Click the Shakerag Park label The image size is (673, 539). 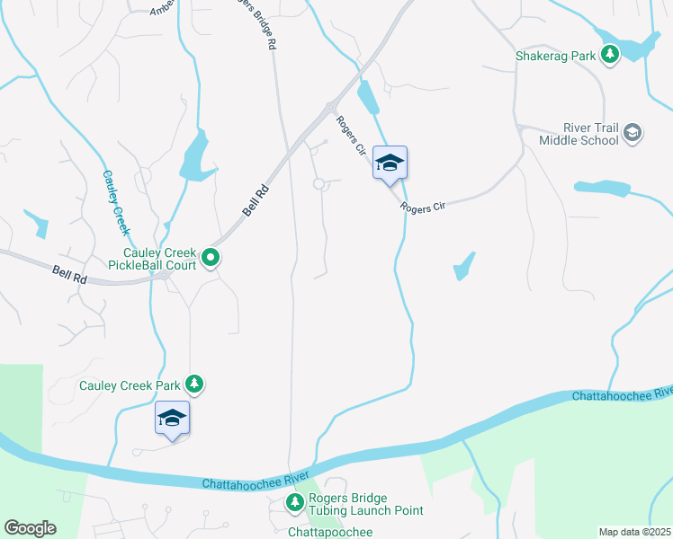(x=555, y=56)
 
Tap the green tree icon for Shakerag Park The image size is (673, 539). (x=611, y=56)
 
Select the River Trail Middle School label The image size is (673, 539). (x=579, y=134)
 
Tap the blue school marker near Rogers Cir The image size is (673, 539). (x=390, y=163)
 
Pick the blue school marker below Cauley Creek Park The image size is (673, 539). (x=172, y=419)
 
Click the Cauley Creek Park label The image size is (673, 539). (x=130, y=385)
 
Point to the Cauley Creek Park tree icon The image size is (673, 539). (x=193, y=385)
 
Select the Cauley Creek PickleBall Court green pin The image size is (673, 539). (x=211, y=259)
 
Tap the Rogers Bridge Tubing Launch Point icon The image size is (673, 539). (x=294, y=504)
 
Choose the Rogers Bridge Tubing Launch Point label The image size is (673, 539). (x=365, y=504)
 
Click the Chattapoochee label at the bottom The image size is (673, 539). (x=329, y=532)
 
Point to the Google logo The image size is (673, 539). (x=30, y=528)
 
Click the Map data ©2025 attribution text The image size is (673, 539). (x=634, y=532)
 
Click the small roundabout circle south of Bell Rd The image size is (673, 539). (x=319, y=184)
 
